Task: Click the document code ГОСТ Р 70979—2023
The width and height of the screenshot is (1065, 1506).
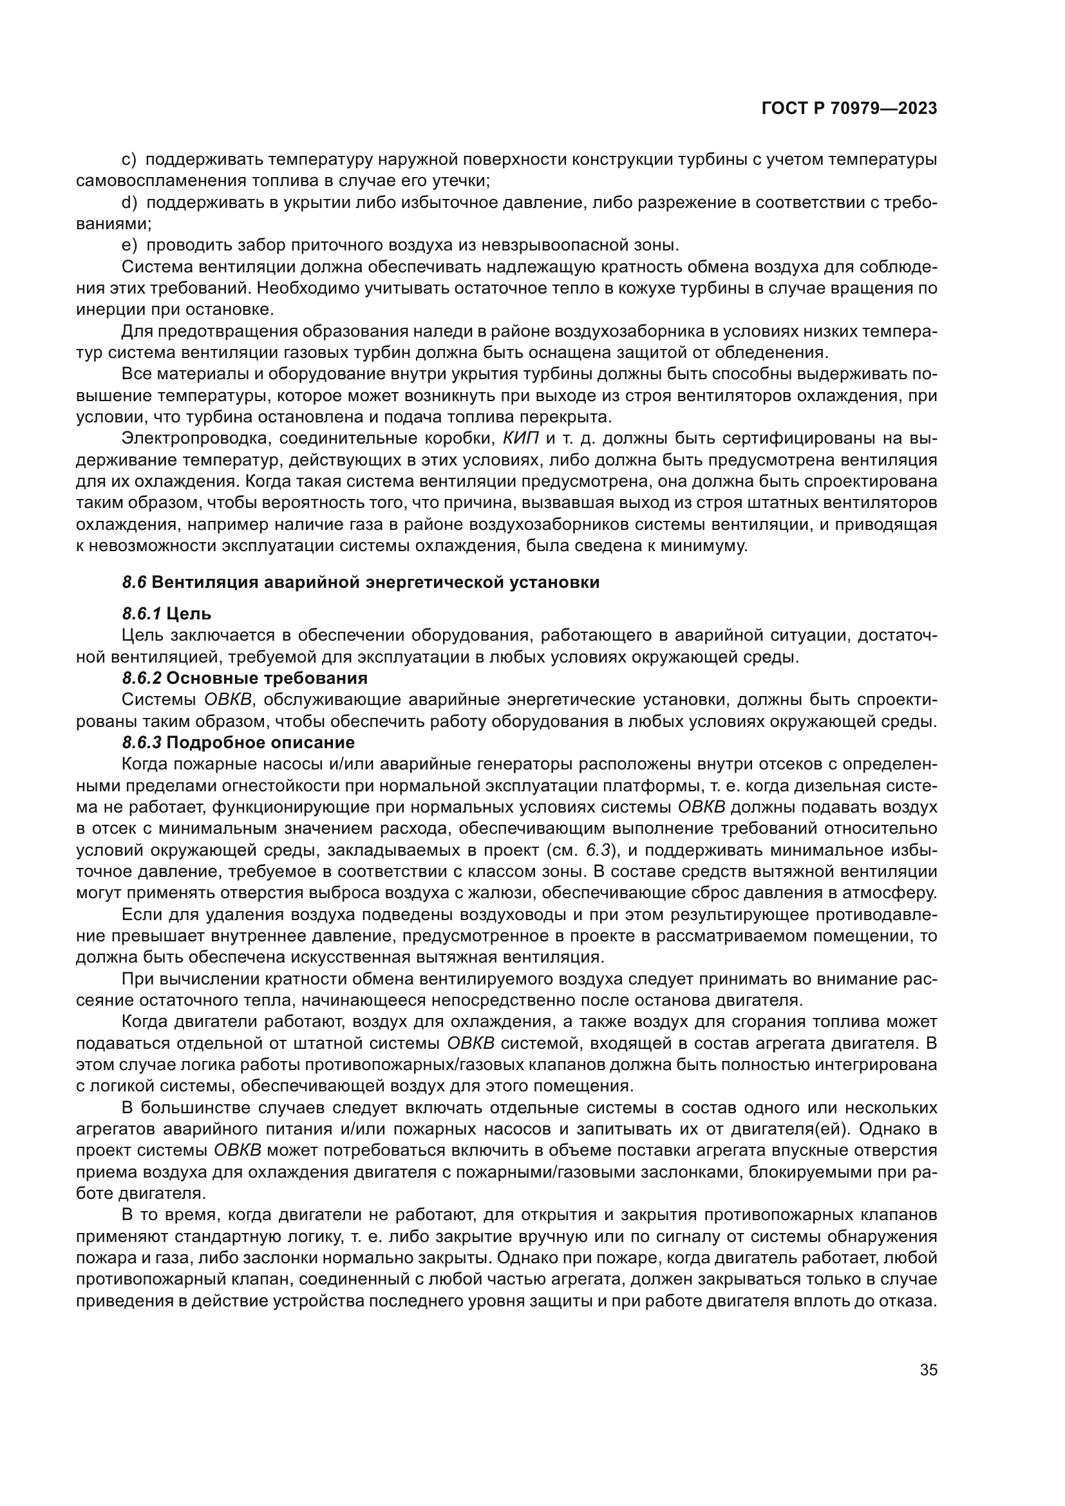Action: coord(849,108)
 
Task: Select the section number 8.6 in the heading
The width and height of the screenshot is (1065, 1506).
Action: coord(134,583)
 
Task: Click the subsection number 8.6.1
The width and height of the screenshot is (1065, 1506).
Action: coord(141,614)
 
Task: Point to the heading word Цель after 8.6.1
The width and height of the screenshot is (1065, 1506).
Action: coord(189,614)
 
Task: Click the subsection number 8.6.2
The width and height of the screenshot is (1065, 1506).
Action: coord(142,677)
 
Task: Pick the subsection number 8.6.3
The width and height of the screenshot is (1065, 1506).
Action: coord(142,742)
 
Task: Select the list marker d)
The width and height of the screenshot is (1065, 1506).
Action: coord(129,203)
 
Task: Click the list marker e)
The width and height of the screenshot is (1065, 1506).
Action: coord(129,245)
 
